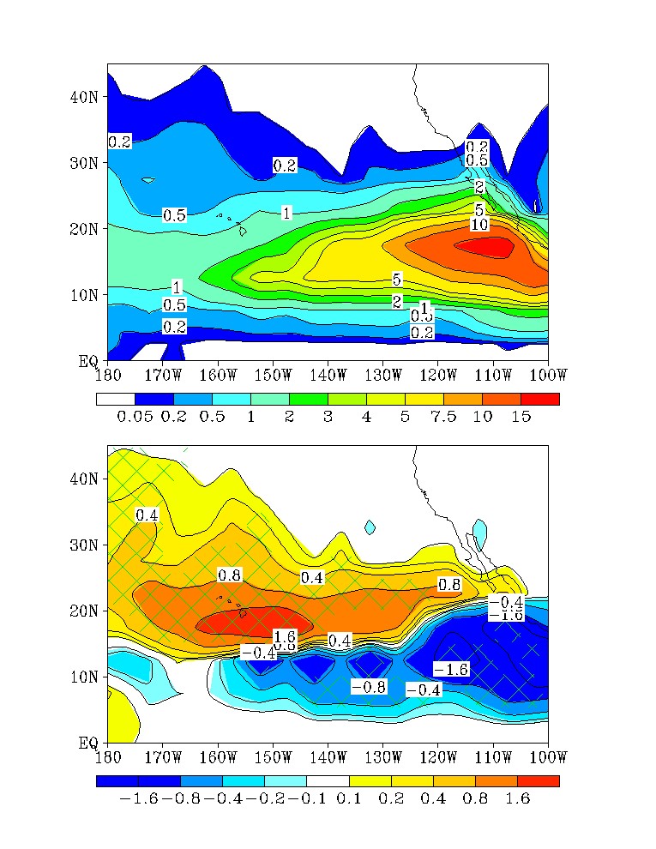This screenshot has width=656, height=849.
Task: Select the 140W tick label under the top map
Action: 328,375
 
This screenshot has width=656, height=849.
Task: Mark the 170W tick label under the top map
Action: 163,375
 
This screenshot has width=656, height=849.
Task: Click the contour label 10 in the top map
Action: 480,225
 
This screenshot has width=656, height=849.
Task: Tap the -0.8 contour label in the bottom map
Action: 370,687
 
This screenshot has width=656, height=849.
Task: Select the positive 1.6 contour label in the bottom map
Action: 284,636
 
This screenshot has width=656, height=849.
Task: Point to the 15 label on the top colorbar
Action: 521,416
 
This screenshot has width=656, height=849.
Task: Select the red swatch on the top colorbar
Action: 539,399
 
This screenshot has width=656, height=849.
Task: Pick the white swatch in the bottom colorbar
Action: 328,781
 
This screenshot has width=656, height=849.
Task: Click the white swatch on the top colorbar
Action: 115,399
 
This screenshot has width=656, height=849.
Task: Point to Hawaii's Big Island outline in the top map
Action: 243,230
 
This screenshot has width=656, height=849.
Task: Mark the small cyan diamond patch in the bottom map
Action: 370,527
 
